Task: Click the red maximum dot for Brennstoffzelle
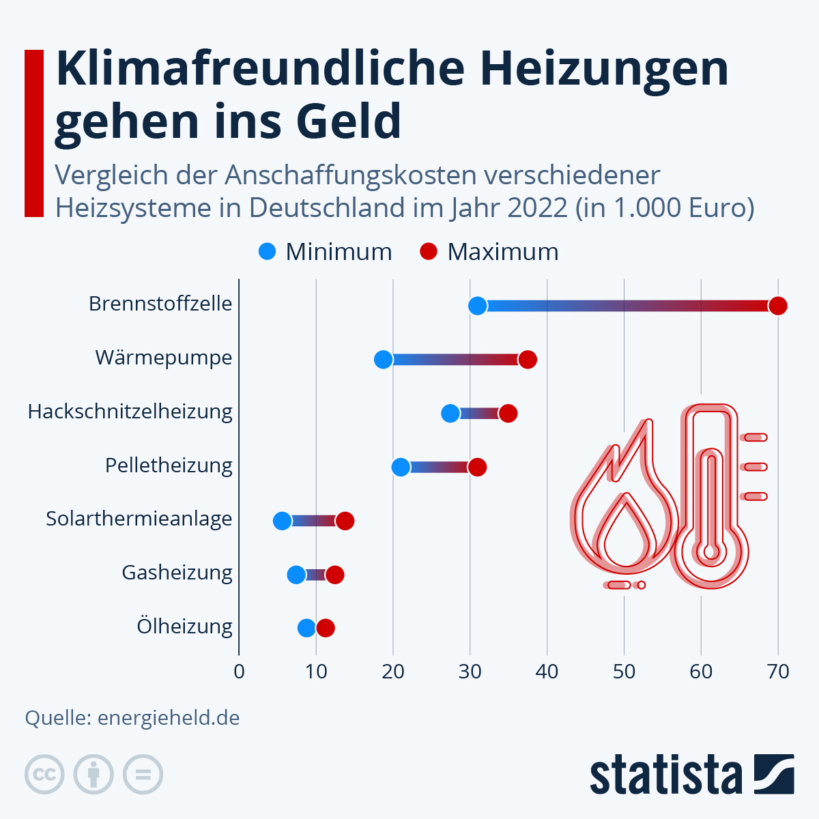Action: pyautogui.click(x=777, y=306)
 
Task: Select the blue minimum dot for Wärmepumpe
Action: pyautogui.click(x=384, y=360)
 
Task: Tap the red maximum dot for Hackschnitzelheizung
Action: pyautogui.click(x=508, y=413)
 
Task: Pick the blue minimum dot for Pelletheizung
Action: pyautogui.click(x=401, y=468)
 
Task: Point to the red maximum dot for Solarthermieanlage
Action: pyautogui.click(x=345, y=521)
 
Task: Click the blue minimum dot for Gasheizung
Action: pyautogui.click(x=296, y=575)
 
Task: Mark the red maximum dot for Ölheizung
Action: pyautogui.click(x=326, y=628)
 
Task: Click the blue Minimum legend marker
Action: pyautogui.click(x=268, y=252)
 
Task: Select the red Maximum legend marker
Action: pyautogui.click(x=429, y=252)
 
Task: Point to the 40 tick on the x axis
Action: pyautogui.click(x=547, y=672)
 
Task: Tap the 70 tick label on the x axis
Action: pyautogui.click(x=777, y=672)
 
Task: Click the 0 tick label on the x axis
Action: pyautogui.click(x=239, y=672)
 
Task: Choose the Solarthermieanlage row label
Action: pyautogui.click(x=139, y=519)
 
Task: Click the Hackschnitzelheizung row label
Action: pyautogui.click(x=130, y=412)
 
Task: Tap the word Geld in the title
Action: pyautogui.click(x=348, y=121)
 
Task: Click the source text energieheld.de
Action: pyautogui.click(x=169, y=718)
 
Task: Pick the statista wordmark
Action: pyautogui.click(x=665, y=775)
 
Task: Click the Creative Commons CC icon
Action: pyautogui.click(x=44, y=775)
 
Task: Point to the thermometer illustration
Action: pyautogui.click(x=711, y=498)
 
